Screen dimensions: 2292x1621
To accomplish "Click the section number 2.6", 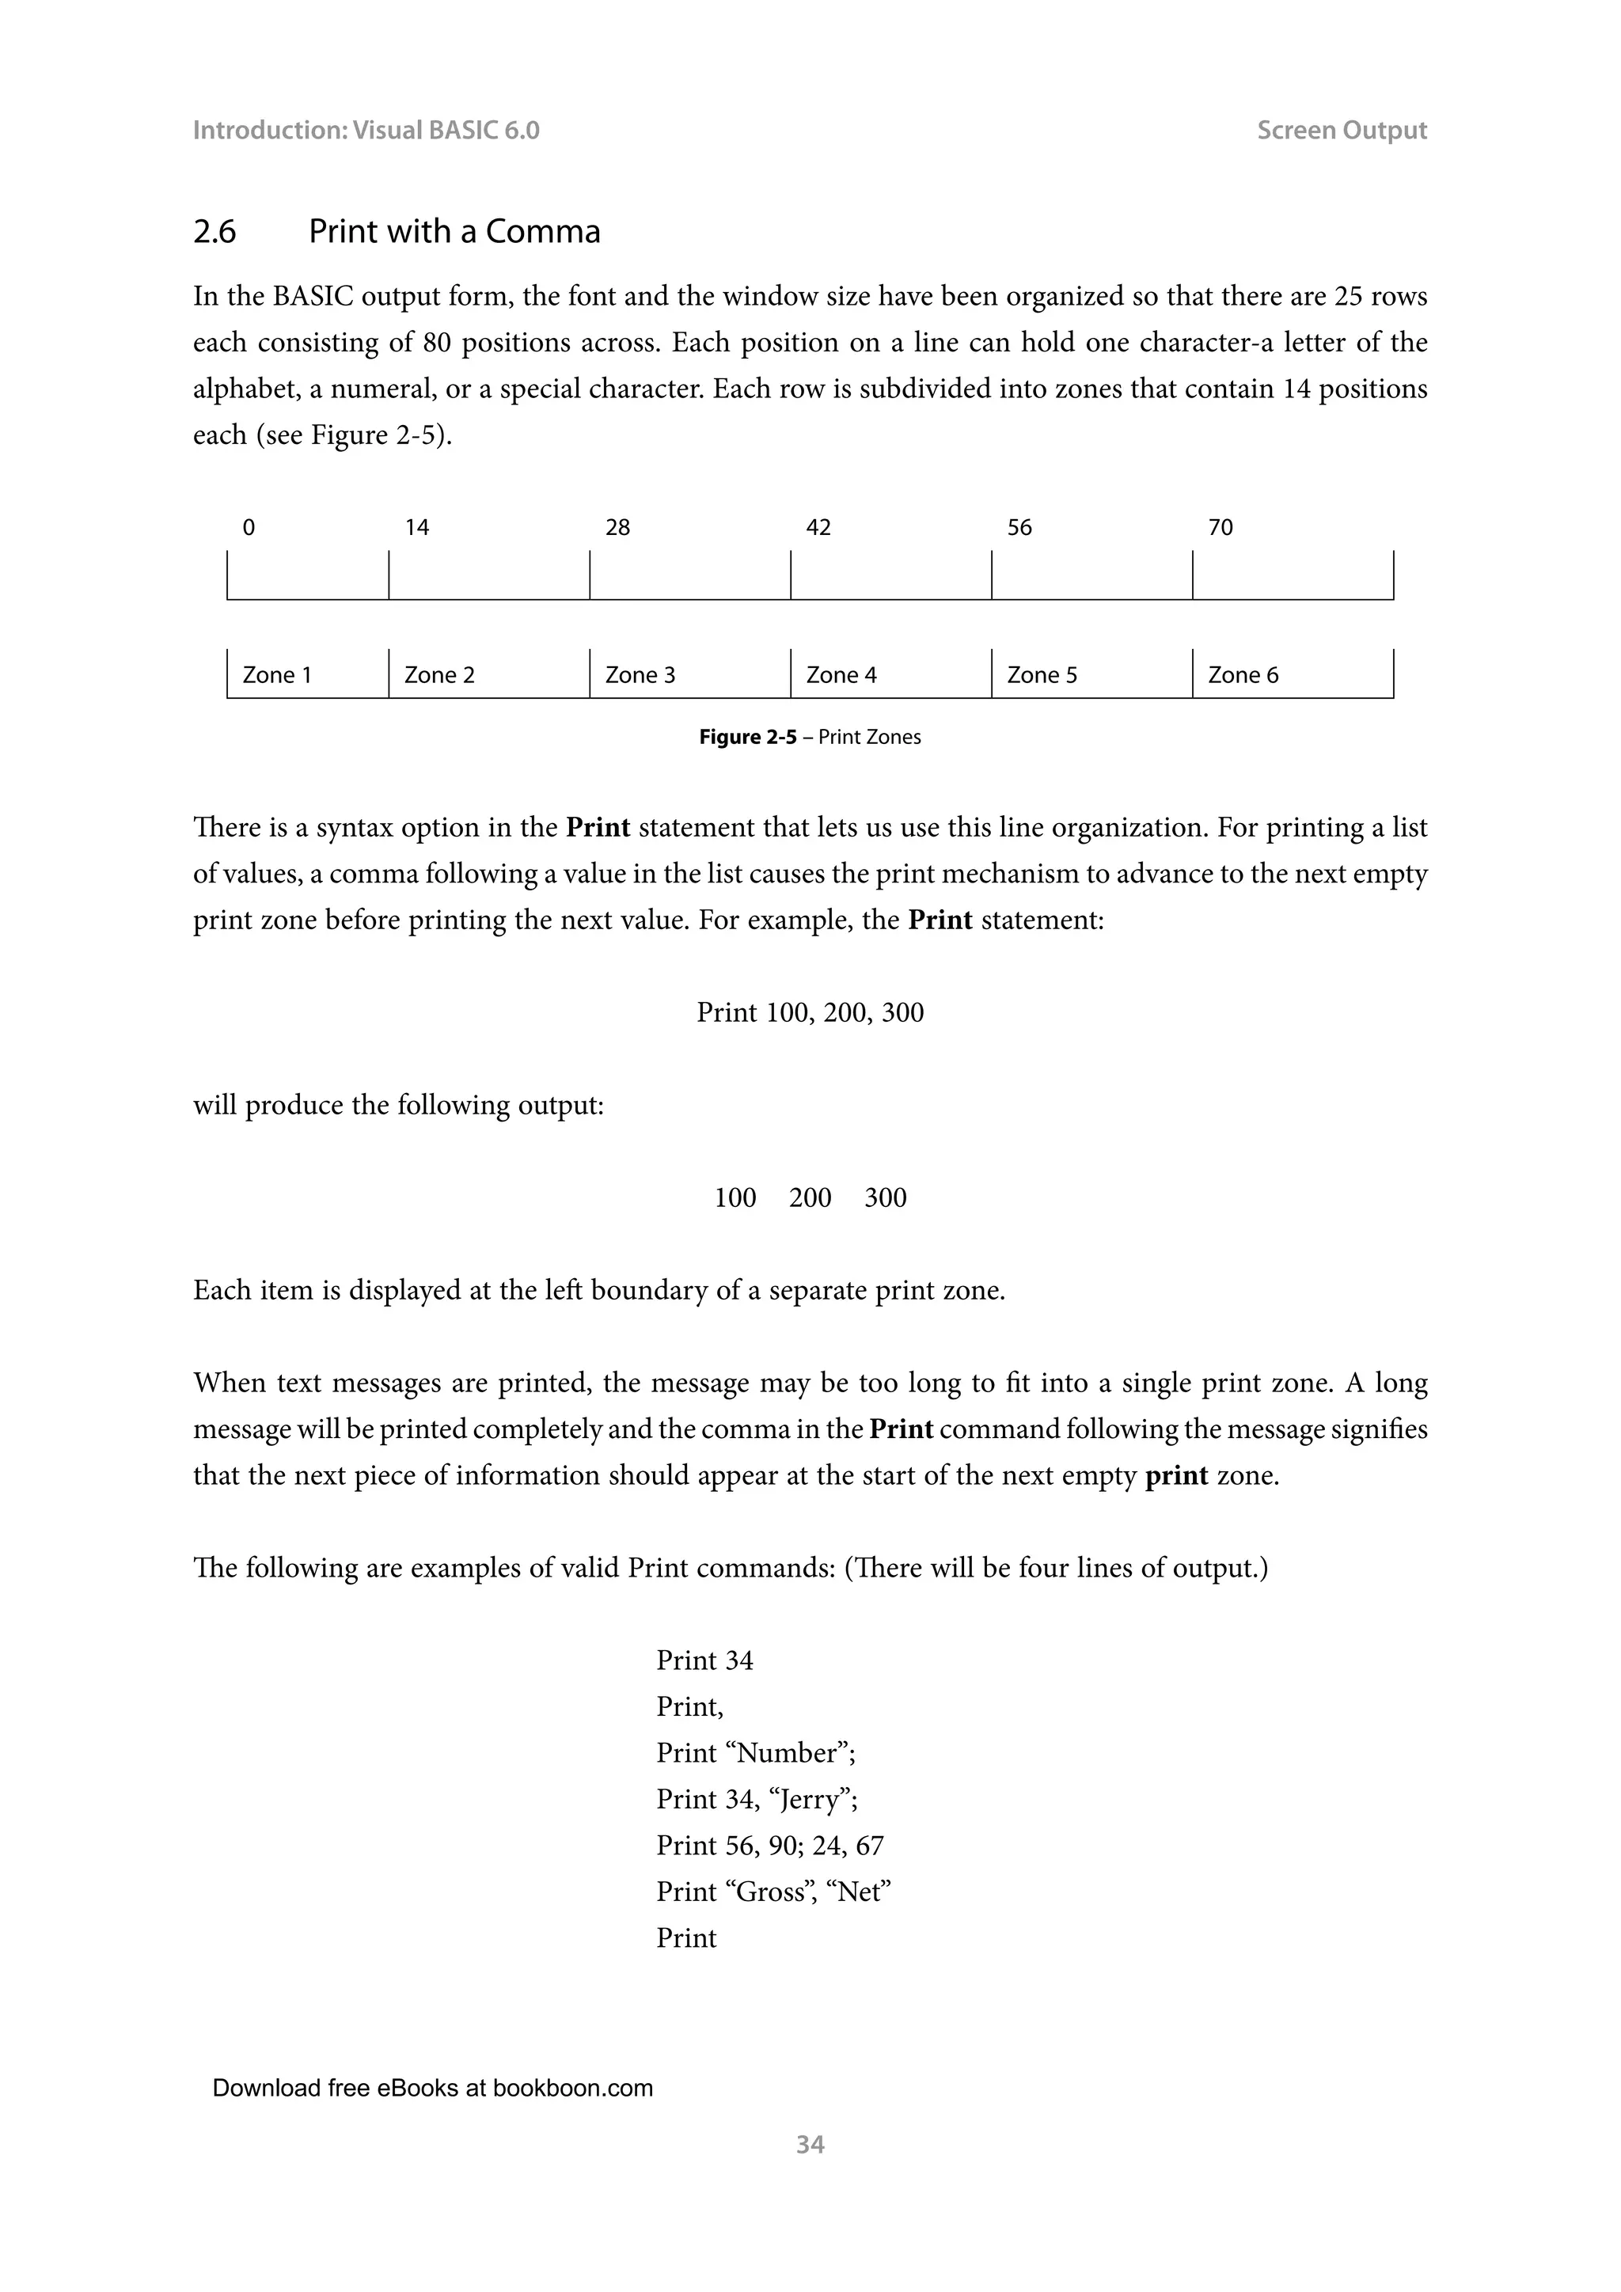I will click(214, 232).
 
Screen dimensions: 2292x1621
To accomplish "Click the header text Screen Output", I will click(1342, 130).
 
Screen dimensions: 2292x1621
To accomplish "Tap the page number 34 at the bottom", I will click(810, 2144).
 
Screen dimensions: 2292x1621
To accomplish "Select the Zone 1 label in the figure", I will click(276, 675).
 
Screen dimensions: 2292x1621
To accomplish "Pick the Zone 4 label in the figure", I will click(841, 675).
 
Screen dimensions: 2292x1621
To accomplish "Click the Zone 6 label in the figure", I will click(1243, 675).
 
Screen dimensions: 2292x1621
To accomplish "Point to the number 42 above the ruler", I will click(818, 527).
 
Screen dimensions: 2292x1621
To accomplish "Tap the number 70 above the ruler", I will click(1220, 527).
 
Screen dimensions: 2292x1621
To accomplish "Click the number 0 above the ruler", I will click(249, 527).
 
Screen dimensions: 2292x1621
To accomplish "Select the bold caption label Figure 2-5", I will click(748, 737).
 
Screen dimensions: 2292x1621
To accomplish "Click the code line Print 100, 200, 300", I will click(810, 1012).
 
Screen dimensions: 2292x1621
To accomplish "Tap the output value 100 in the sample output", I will click(735, 1198).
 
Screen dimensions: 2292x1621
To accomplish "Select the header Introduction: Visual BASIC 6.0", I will click(366, 130).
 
